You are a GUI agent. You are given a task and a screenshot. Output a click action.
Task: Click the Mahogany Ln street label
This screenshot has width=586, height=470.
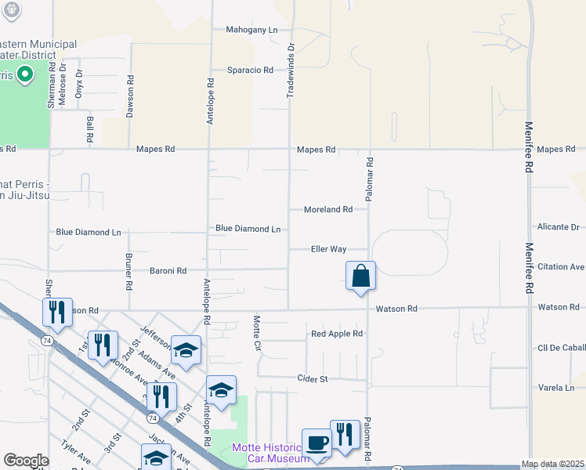[x=251, y=30]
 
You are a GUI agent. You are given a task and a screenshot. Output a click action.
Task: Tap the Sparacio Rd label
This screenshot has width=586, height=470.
[x=250, y=70]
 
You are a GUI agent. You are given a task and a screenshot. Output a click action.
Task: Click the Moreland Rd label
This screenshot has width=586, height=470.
[x=328, y=209]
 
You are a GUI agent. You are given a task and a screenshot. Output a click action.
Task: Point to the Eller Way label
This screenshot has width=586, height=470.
[x=328, y=249]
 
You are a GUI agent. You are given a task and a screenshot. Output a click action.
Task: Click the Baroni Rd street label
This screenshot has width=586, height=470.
[x=168, y=270]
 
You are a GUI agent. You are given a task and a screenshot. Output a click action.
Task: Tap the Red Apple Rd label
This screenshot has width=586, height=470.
[x=337, y=334]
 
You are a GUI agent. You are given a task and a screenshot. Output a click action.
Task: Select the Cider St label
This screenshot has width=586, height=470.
[x=312, y=378]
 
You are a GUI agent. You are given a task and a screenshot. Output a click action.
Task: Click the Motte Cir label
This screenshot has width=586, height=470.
[x=256, y=332]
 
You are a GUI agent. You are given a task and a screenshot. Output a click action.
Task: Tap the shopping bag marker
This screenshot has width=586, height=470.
[x=360, y=277]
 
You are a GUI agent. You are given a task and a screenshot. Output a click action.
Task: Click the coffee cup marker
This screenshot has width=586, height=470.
[x=317, y=443]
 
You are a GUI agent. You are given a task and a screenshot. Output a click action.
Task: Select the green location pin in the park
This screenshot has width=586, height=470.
[x=24, y=75]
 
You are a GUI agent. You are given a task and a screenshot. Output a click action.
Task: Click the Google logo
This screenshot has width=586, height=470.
[x=26, y=461]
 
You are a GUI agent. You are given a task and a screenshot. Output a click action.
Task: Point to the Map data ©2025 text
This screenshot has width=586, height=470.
[x=552, y=464]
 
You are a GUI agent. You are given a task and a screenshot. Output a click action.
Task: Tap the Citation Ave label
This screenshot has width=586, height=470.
[x=561, y=266]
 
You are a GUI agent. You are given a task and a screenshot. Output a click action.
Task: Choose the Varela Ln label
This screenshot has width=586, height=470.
[x=556, y=387]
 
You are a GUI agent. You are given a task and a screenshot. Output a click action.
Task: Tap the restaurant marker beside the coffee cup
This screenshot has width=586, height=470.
[x=345, y=436]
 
